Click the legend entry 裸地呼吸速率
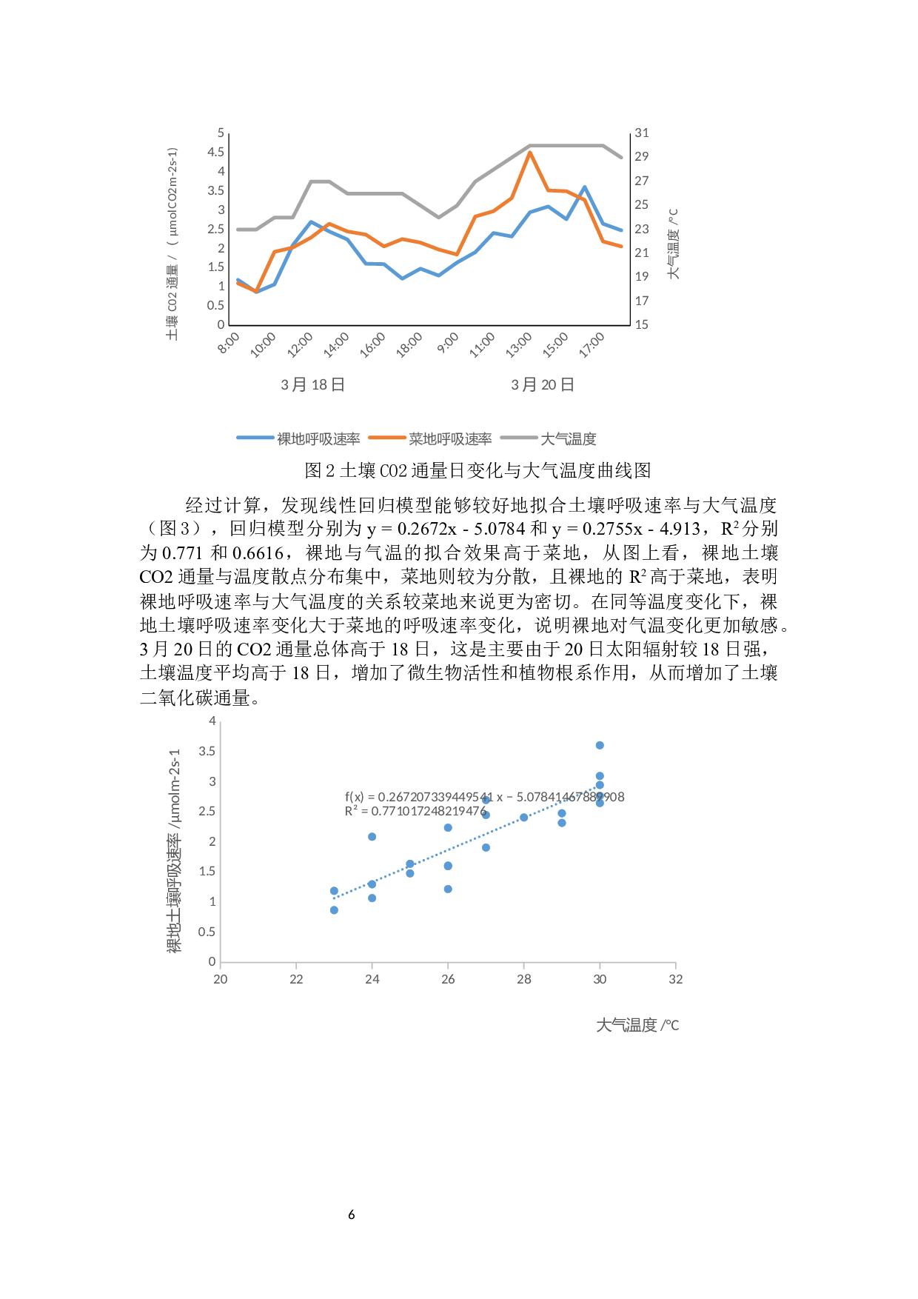click(x=318, y=439)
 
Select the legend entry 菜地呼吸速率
click(x=449, y=439)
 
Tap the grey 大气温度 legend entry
click(x=568, y=439)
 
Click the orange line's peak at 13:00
click(x=530, y=153)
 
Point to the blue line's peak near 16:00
click(x=585, y=187)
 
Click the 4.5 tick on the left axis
click(x=215, y=152)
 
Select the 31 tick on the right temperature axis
click(x=642, y=133)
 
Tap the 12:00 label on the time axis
click(x=301, y=344)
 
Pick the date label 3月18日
click(x=312, y=384)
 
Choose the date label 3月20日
click(x=543, y=384)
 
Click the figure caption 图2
click(x=478, y=470)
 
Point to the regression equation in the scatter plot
click(x=484, y=797)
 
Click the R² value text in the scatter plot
click(x=415, y=811)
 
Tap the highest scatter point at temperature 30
click(x=600, y=745)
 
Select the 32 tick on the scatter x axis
click(x=675, y=979)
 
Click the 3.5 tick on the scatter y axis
click(x=207, y=751)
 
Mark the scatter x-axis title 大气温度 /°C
click(x=637, y=1025)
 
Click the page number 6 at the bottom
click(x=352, y=1215)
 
